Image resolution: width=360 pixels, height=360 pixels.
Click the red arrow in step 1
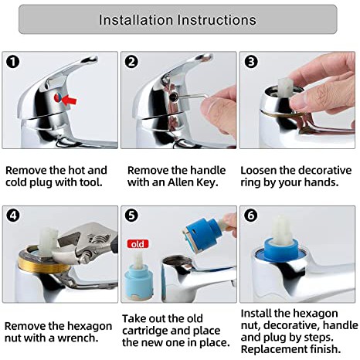click(70, 100)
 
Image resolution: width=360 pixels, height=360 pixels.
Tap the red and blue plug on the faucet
click(58, 98)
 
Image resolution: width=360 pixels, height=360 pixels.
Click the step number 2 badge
click(131, 62)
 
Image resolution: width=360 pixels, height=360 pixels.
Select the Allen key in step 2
click(192, 97)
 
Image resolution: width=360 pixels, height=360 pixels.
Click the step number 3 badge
click(251, 62)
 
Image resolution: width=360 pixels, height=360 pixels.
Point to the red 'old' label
click(138, 244)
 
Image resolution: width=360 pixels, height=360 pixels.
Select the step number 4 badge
click(13, 216)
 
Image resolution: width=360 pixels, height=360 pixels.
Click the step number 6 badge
click(250, 216)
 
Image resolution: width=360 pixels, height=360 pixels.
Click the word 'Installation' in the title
click(136, 20)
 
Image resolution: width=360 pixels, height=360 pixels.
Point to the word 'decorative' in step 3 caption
click(325, 171)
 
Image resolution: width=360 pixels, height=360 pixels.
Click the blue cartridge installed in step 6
click(281, 249)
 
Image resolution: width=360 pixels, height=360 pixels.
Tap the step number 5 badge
click(131, 216)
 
